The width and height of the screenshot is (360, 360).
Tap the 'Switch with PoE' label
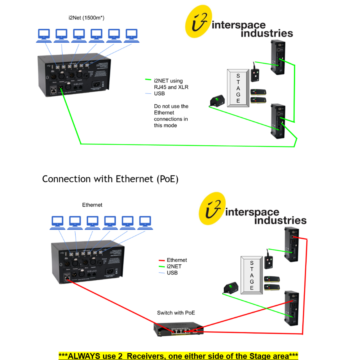[176, 313]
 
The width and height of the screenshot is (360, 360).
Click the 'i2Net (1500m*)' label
[86, 18]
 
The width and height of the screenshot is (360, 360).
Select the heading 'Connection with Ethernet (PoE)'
[110, 179]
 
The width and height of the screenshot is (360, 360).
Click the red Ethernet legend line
[161, 260]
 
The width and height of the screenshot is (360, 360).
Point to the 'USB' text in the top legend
[159, 93]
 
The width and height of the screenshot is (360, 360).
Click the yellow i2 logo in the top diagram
[198, 21]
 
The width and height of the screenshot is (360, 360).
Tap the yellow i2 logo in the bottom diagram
[212, 208]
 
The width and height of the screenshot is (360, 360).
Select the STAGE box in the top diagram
[238, 88]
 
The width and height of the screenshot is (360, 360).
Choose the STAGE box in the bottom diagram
[251, 275]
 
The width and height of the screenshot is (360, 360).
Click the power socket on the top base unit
[96, 84]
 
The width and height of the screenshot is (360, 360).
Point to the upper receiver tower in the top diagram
[278, 57]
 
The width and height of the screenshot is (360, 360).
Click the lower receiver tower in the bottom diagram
[291, 308]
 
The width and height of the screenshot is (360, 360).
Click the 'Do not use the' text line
[171, 106]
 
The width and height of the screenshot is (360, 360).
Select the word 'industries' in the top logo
[267, 33]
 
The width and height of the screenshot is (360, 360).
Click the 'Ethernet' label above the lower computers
[92, 205]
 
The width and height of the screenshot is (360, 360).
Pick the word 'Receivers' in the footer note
[145, 356]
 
